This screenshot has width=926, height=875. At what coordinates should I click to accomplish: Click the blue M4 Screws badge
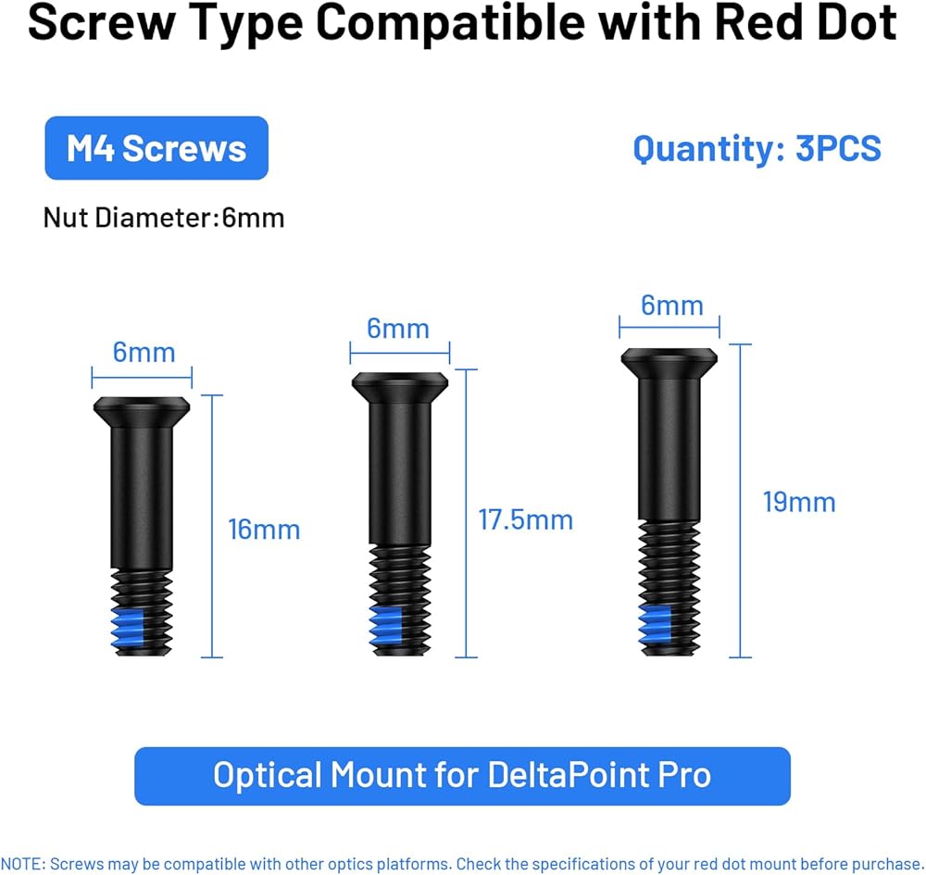[x=156, y=147]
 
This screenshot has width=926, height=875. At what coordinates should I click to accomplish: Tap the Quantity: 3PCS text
[x=757, y=149]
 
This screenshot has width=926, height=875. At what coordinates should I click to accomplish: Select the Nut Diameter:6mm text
[x=164, y=218]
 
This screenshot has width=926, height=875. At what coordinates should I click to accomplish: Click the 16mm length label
[x=264, y=530]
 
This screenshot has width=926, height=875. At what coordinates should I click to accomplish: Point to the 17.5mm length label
[x=526, y=520]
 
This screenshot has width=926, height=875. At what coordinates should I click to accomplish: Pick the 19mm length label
[x=799, y=503]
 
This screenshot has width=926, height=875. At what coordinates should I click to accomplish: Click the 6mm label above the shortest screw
[x=144, y=353]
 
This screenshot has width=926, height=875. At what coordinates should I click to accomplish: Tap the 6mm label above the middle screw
[x=398, y=329]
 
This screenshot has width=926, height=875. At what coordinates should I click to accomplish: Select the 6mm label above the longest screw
[x=672, y=306]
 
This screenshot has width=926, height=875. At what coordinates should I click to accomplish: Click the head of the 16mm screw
[x=142, y=412]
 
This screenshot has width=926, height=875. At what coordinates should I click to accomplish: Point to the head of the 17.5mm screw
[x=400, y=387]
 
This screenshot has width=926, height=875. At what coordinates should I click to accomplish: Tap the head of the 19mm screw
[x=669, y=364]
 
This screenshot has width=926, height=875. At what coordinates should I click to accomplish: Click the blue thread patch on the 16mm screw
[x=128, y=628]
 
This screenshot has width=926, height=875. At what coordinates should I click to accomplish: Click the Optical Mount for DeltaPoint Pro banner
[x=462, y=776]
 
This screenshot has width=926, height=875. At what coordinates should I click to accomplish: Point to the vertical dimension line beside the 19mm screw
[x=741, y=500]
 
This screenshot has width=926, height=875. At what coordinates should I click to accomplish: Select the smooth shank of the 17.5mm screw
[x=400, y=473]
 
